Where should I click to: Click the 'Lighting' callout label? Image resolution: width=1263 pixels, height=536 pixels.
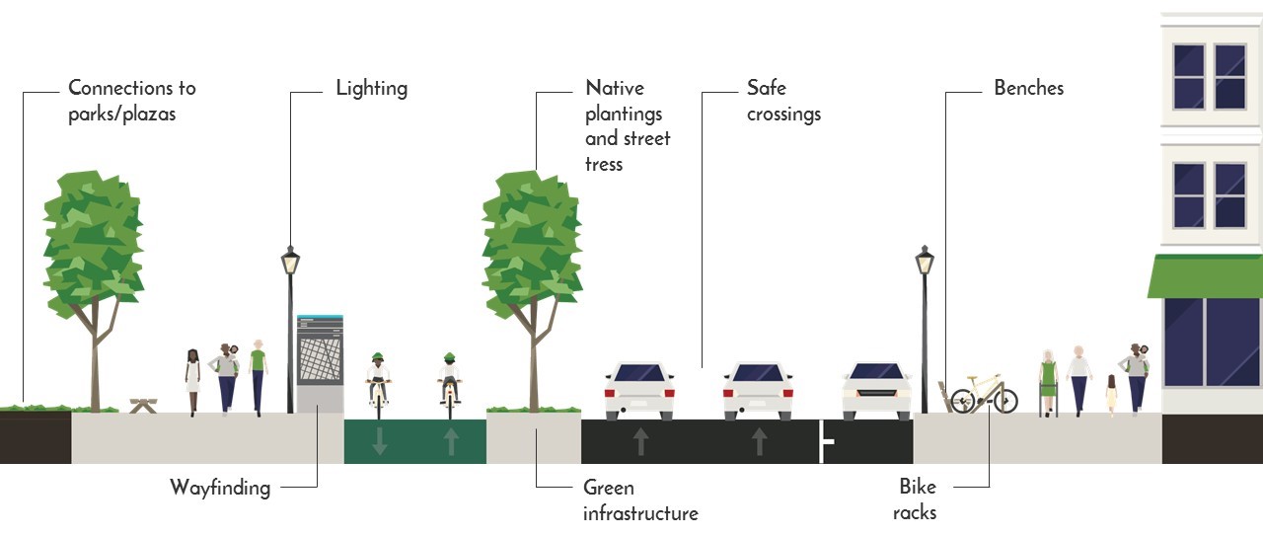click(371, 88)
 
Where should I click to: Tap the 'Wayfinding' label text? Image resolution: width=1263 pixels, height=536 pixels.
click(219, 487)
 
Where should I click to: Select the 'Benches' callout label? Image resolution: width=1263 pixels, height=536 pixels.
click(1028, 88)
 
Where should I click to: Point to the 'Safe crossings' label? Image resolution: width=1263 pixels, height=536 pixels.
click(783, 101)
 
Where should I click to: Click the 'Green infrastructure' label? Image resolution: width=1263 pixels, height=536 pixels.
click(639, 499)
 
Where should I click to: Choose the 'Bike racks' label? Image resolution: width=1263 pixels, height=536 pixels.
click(915, 499)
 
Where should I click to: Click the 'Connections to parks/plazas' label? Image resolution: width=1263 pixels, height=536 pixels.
click(131, 101)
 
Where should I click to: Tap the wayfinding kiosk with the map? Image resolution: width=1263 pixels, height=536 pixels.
click(320, 361)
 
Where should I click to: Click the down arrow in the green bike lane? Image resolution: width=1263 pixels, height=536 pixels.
click(380, 441)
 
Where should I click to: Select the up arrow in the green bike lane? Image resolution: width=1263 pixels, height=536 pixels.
click(451, 441)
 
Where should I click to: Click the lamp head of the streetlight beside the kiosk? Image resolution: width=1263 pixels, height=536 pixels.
click(290, 261)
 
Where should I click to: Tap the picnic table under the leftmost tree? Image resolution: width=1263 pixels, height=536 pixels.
click(144, 404)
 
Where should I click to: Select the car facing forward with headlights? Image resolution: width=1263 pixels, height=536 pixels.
click(876, 390)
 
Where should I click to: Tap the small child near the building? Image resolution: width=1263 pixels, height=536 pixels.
click(1112, 393)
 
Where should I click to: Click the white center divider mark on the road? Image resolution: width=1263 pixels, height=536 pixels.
click(824, 440)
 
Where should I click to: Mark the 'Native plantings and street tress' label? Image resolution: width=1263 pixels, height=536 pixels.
click(628, 125)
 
